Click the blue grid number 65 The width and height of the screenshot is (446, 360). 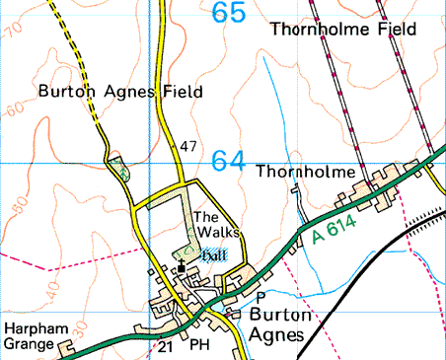(x=230, y=14)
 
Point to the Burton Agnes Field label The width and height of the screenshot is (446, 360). (x=120, y=92)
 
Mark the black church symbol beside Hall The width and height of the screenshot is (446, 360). (x=181, y=268)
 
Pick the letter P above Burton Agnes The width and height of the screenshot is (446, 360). (x=260, y=296)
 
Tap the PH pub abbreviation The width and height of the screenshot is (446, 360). (x=200, y=346)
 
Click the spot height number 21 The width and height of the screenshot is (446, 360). (x=165, y=347)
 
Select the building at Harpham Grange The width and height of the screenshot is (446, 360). (x=66, y=348)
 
